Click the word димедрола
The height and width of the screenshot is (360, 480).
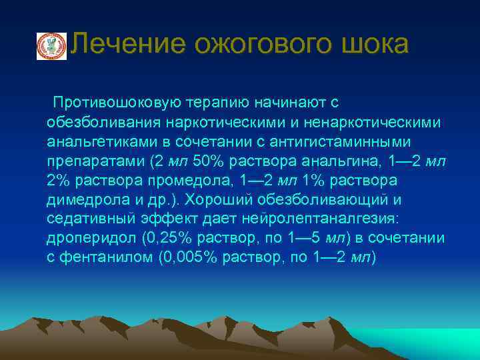pyautogui.click(x=85, y=200)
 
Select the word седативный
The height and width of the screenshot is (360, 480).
pyautogui.click(x=88, y=219)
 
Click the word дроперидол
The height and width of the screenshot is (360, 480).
pyautogui.click(x=87, y=239)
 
